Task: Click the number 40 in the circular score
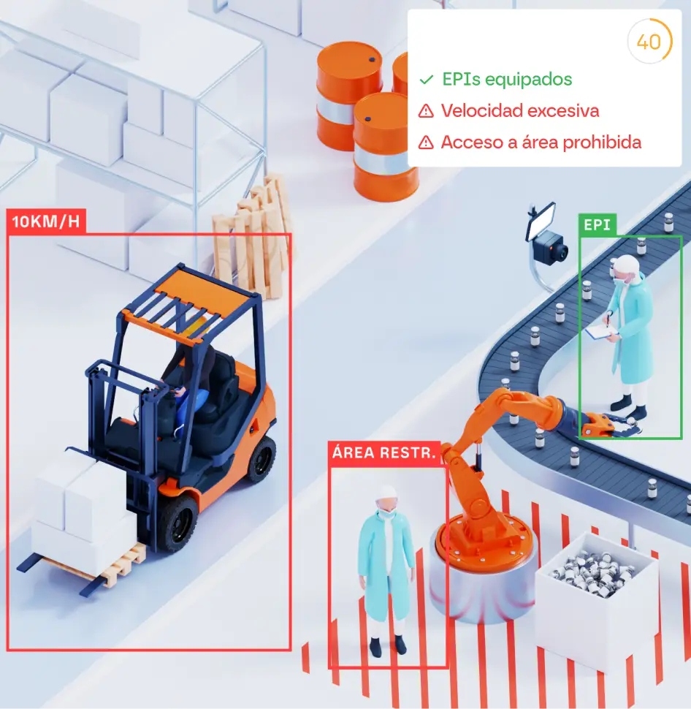[649, 42]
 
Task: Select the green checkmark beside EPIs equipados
[426, 80]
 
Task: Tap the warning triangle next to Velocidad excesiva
[425, 111]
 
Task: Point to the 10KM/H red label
[46, 222]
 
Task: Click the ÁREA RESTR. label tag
[384, 453]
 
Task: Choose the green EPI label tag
[597, 224]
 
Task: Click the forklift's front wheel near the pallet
[177, 522]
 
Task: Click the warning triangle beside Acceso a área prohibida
[425, 143]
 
